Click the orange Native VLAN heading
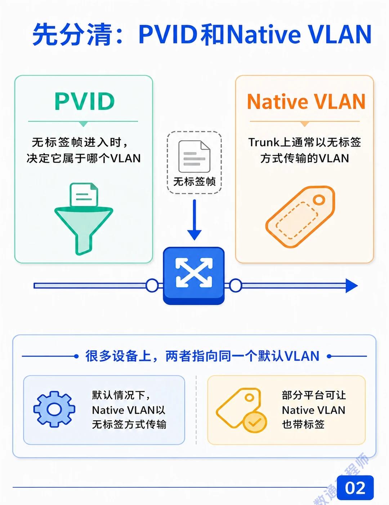[x=306, y=101]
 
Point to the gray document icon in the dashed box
[x=194, y=157]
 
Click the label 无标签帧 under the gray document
[x=194, y=181]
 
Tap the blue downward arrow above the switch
[x=194, y=220]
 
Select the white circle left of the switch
[x=152, y=285]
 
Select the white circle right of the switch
[x=236, y=285]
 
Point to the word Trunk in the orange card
[x=264, y=142]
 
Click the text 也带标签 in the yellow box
[x=303, y=424]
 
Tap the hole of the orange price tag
[x=319, y=199]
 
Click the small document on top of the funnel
[x=84, y=195]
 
